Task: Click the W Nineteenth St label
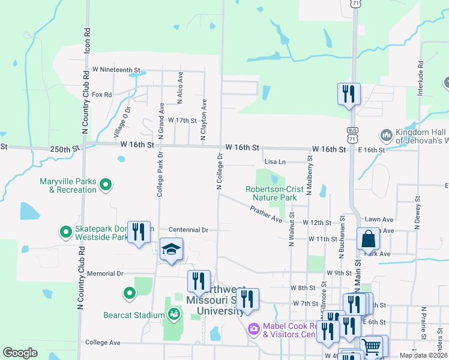[115, 70]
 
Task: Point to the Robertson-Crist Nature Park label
[271, 193]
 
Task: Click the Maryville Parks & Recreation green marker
[106, 185]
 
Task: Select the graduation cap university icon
[171, 250]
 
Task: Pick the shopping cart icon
[372, 347]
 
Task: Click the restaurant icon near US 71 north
[349, 94]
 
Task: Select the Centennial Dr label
[188, 230]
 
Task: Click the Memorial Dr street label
[104, 273]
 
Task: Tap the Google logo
[20, 353]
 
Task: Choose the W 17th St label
[182, 120]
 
